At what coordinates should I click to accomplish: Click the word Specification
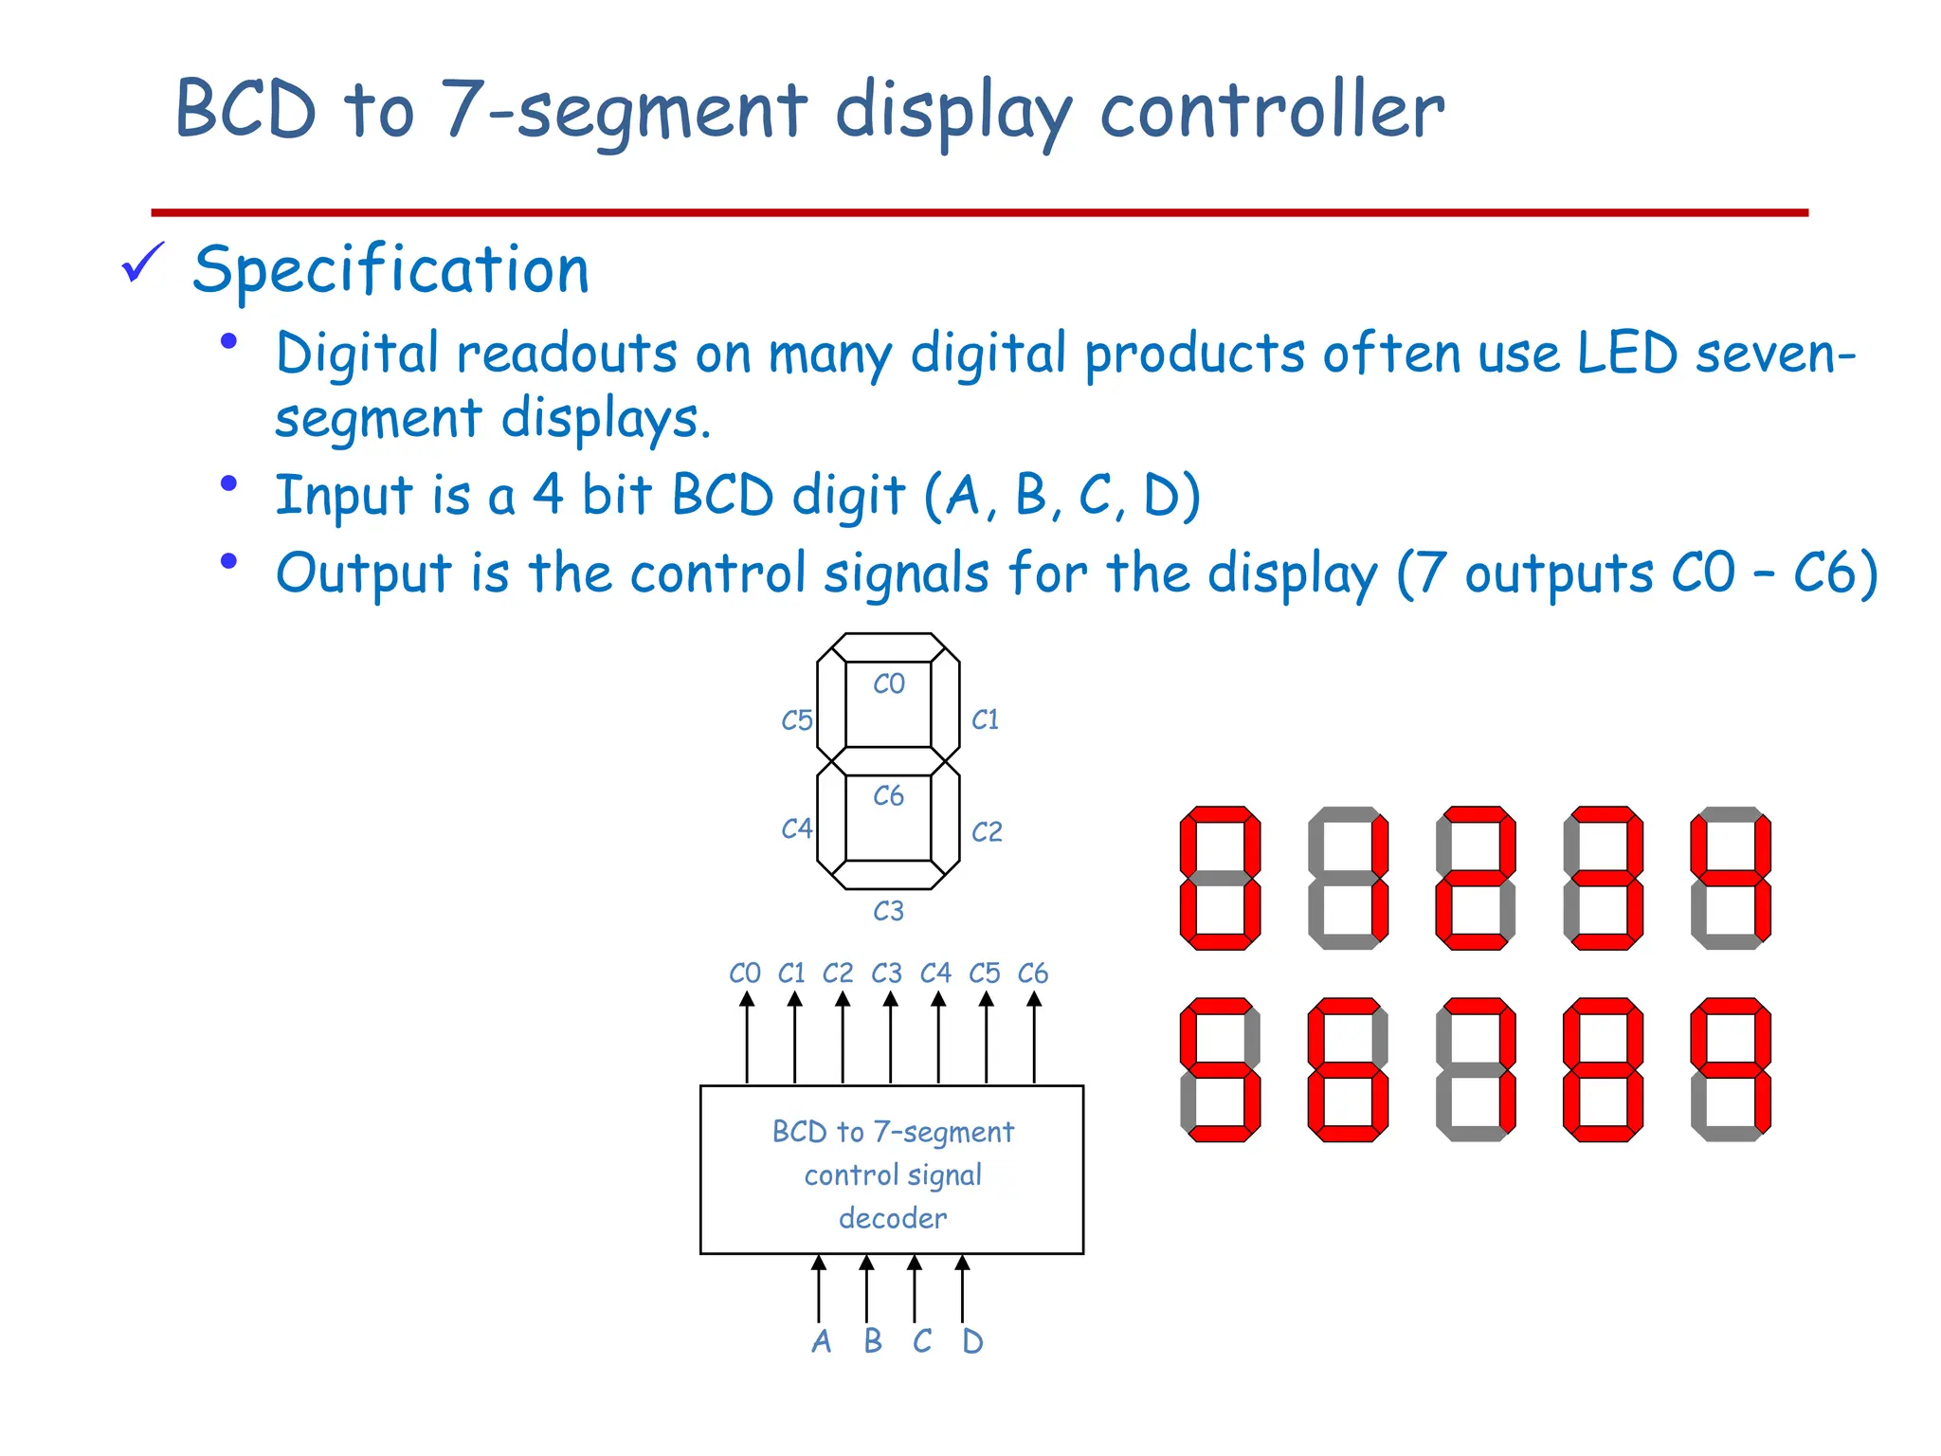click(390, 270)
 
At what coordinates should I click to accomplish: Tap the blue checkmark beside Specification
click(143, 263)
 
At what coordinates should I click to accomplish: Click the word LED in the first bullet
click(1627, 354)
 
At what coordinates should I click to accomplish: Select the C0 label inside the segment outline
click(889, 683)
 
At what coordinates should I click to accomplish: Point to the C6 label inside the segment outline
click(889, 795)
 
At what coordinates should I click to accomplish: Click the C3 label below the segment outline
click(889, 911)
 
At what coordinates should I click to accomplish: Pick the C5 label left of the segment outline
click(797, 720)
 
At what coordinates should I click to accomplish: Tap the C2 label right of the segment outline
click(987, 832)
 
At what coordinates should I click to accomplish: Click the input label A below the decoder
click(821, 1341)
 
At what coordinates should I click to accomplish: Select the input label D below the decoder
click(972, 1341)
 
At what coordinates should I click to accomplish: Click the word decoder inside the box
click(893, 1218)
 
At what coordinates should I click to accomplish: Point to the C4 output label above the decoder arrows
click(935, 974)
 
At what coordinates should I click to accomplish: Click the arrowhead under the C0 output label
click(747, 999)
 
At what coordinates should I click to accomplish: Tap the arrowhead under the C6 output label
click(1034, 999)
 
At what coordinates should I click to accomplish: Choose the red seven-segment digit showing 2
click(1476, 878)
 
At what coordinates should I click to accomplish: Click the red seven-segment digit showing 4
click(1731, 878)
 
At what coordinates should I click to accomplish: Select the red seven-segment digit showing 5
click(1221, 1069)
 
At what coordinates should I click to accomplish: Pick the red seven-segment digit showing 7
click(1476, 1069)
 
